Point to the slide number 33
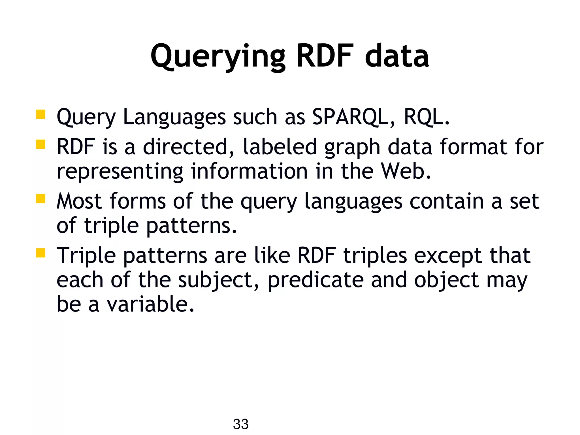tap(241, 424)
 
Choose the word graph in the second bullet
tap(352, 147)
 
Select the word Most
tap(79, 201)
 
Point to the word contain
tap(446, 201)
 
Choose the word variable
tap(150, 304)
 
